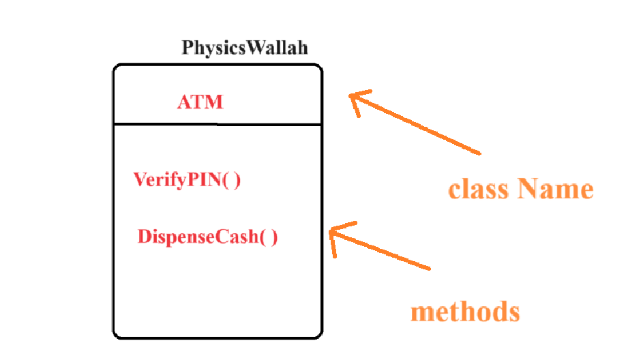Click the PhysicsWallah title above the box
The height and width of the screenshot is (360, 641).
pyautogui.click(x=244, y=48)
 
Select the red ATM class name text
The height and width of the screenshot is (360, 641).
pyautogui.click(x=200, y=103)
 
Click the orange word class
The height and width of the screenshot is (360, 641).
pyautogui.click(x=478, y=189)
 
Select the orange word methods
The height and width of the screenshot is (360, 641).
pyautogui.click(x=464, y=312)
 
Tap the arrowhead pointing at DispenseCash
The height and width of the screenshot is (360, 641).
pyautogui.click(x=333, y=233)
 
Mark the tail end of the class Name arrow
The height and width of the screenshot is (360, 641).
pyautogui.click(x=480, y=152)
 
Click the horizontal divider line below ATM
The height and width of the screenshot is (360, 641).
pyautogui.click(x=217, y=125)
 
